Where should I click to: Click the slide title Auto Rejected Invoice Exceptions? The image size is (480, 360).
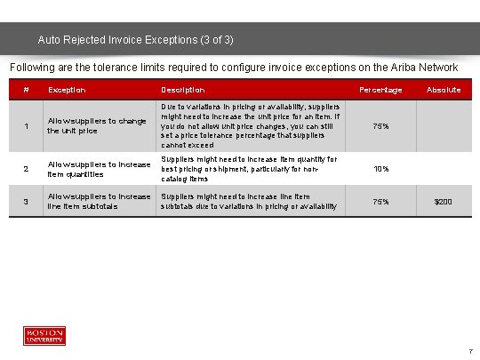pyautogui.click(x=136, y=40)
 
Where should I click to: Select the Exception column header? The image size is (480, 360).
pyautogui.click(x=67, y=90)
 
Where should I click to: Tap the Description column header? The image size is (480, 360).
pyautogui.click(x=182, y=90)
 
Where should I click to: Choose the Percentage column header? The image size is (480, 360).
pyautogui.click(x=380, y=90)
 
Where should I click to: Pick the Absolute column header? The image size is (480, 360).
pyautogui.click(x=443, y=90)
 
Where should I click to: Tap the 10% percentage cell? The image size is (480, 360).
pyautogui.click(x=380, y=169)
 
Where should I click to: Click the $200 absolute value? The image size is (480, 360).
pyautogui.click(x=443, y=202)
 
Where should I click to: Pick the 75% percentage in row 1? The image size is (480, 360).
pyautogui.click(x=380, y=125)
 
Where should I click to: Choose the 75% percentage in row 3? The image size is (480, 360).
pyautogui.click(x=380, y=202)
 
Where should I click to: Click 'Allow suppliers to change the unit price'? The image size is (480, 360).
pyautogui.click(x=97, y=125)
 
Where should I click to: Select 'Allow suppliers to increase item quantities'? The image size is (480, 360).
pyautogui.click(x=99, y=169)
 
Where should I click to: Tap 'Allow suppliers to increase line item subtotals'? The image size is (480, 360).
pyautogui.click(x=99, y=201)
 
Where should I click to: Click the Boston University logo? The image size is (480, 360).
pyautogui.click(x=44, y=335)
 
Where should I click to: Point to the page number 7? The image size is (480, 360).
pyautogui.click(x=470, y=351)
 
